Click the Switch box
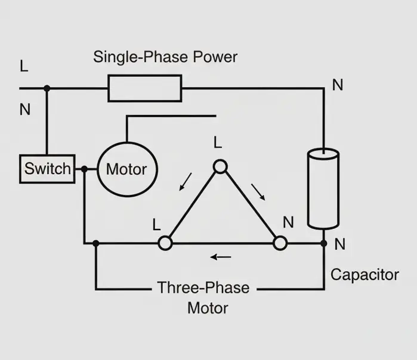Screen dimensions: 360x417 pos(47,169)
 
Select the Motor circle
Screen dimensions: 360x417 pos(126,169)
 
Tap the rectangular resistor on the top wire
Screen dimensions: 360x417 pos(144,88)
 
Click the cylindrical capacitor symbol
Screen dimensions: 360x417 pos(323,189)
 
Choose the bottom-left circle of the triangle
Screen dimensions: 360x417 pos(165,243)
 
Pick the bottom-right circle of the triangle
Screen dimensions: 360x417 pos(280,243)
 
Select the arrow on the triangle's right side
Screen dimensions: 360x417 pos(258,191)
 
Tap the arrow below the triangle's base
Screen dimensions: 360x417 pos(221,257)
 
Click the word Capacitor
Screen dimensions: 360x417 pos(365,275)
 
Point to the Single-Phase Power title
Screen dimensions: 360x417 pos(165,57)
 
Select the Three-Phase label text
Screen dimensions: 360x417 pos(203,288)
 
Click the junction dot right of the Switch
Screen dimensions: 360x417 pos(85,169)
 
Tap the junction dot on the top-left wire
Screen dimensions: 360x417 pos(47,88)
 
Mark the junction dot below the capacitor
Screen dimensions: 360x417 pos(323,243)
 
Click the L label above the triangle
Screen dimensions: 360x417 pos(218,143)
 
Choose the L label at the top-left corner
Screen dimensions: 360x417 pos(24,66)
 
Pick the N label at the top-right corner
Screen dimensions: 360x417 pos(338,85)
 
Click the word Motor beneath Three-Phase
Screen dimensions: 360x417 pos(208,308)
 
